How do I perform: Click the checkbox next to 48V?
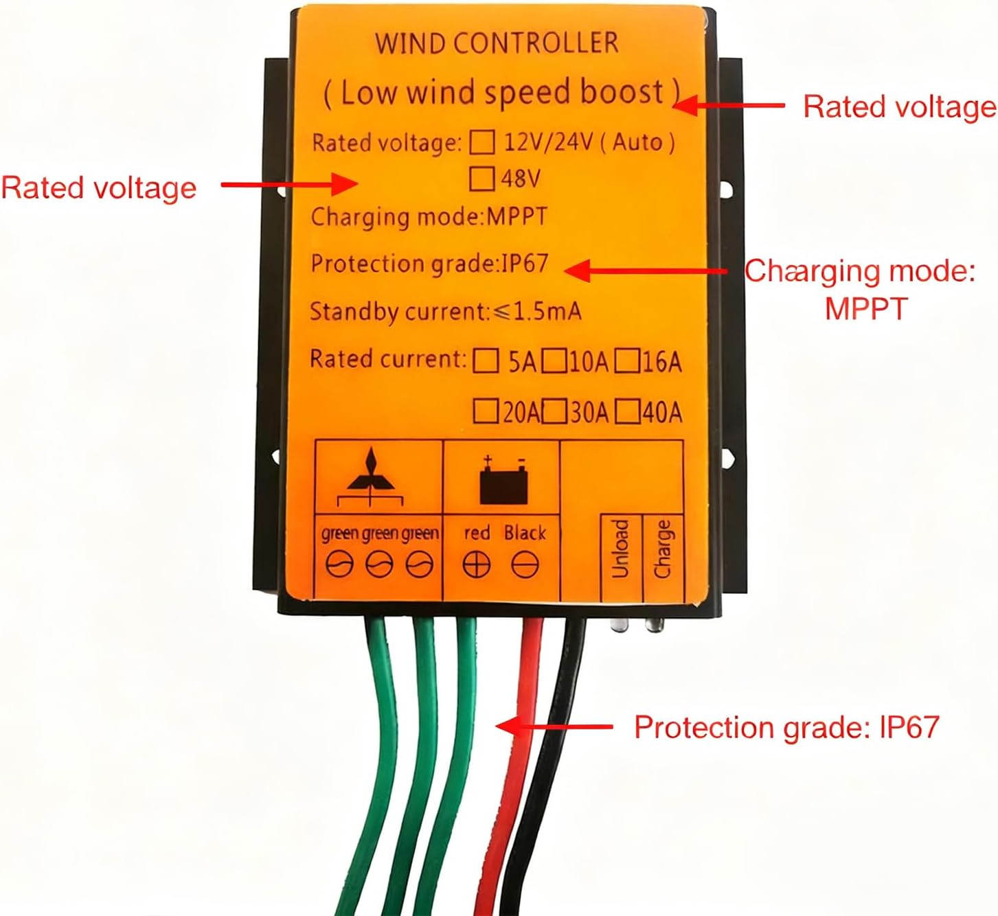pyautogui.click(x=481, y=179)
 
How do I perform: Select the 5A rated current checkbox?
pyautogui.click(x=486, y=360)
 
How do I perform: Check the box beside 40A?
pyautogui.click(x=627, y=412)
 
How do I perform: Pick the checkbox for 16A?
pyautogui.click(x=626, y=360)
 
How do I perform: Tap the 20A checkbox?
pyautogui.click(x=486, y=412)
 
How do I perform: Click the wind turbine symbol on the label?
pyautogui.click(x=371, y=475)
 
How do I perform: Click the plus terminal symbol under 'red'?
pyautogui.click(x=476, y=565)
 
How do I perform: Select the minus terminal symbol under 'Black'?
pyautogui.click(x=525, y=565)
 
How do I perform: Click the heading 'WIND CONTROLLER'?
pyautogui.click(x=496, y=43)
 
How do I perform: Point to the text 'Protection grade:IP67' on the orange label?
pyautogui.click(x=429, y=264)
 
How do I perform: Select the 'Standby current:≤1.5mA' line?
pyautogui.click(x=445, y=312)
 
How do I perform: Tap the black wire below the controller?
pyautogui.click(x=553, y=721)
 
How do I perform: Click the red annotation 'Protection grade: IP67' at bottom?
pyautogui.click(x=786, y=727)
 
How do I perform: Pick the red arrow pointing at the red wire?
pyautogui.click(x=554, y=726)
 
